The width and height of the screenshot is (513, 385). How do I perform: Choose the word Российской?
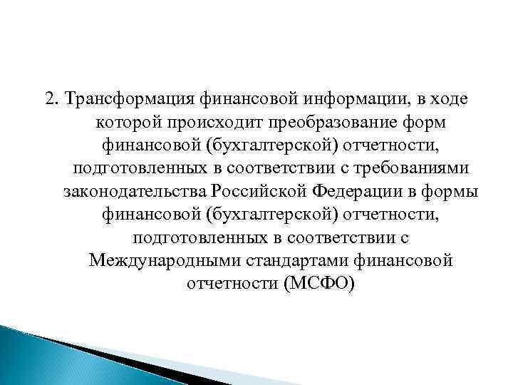[x=261, y=191]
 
